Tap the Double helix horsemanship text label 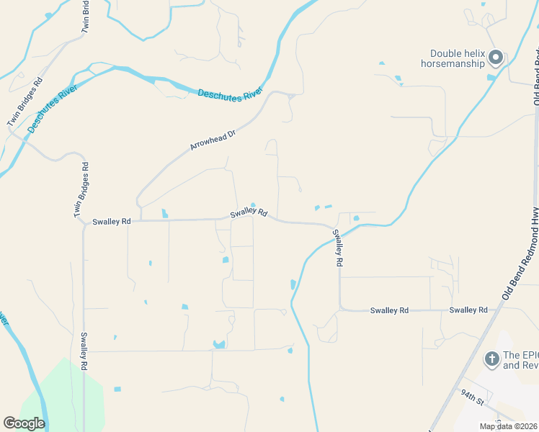tap(457, 58)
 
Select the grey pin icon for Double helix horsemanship tap(495, 57)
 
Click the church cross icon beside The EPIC tap(491, 358)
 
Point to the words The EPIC tap(520, 355)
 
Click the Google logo tap(24, 423)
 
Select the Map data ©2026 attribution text tap(507, 426)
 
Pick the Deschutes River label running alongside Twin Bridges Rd tap(53, 105)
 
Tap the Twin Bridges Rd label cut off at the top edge tap(86, 17)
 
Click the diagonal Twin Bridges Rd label tap(24, 103)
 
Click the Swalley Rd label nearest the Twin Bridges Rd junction tap(112, 222)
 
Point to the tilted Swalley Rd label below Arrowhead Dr tap(249, 212)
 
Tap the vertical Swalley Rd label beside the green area tap(84, 351)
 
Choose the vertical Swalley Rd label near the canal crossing tap(337, 248)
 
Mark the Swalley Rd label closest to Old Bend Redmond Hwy tap(468, 310)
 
